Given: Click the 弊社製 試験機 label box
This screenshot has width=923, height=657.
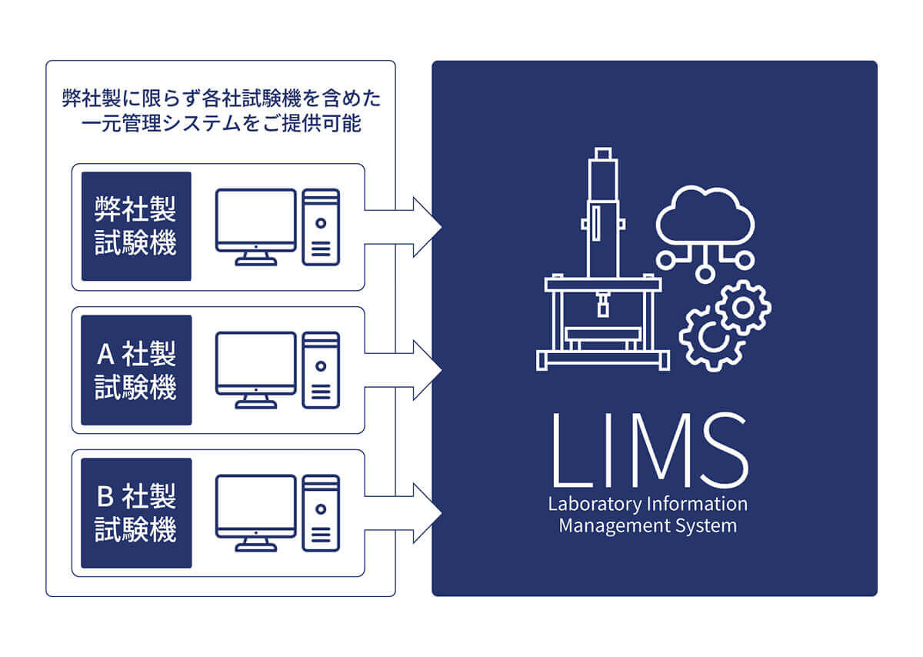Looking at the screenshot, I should coord(136,226).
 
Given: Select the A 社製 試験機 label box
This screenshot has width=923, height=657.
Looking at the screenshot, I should coord(136,370).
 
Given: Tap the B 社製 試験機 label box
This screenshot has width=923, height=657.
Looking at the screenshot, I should coord(136,513).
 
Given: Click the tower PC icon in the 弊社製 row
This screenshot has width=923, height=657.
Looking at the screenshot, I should coord(321,227).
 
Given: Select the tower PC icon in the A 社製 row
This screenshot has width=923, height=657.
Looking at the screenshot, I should coord(321,370).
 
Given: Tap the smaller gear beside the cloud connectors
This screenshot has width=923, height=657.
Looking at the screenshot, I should coord(743,307).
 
